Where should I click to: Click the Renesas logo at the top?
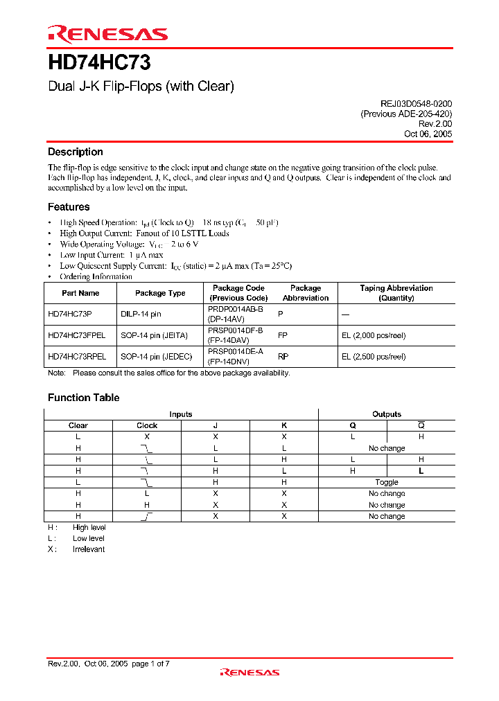click(x=107, y=33)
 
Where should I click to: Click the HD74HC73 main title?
click(x=99, y=63)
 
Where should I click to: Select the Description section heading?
click(x=75, y=152)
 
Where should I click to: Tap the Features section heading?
click(x=69, y=206)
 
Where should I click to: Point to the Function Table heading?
click(x=83, y=398)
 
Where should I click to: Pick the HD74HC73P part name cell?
click(x=69, y=314)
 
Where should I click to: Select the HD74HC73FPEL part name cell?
click(x=76, y=335)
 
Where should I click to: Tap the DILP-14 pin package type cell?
click(x=141, y=314)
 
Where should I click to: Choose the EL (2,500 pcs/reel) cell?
click(x=374, y=357)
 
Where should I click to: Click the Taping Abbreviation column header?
click(x=396, y=293)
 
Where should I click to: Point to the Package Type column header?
click(x=160, y=293)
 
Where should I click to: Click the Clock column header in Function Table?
click(x=147, y=425)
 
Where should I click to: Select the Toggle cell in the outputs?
click(x=387, y=482)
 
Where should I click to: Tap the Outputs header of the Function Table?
click(x=387, y=414)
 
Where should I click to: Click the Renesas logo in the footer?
click(x=249, y=672)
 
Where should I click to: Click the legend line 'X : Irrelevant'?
click(x=76, y=549)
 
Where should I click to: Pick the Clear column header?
click(x=78, y=425)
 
